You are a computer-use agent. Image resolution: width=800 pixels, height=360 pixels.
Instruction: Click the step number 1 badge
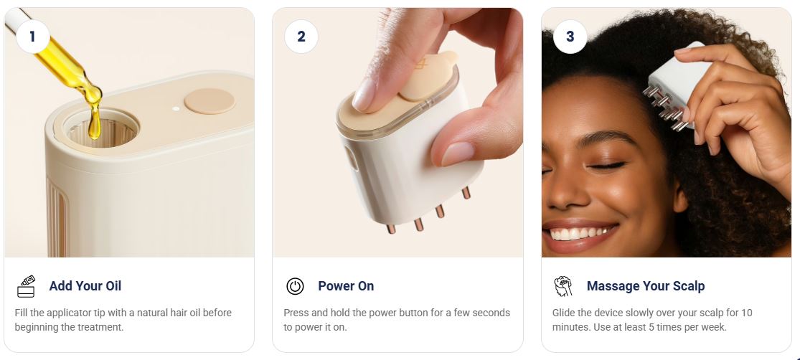click(33, 36)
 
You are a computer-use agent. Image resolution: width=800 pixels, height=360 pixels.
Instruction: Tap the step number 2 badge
click(301, 36)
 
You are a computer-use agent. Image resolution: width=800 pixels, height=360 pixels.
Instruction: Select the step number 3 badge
click(570, 36)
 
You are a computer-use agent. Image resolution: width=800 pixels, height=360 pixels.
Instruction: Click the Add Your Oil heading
click(85, 286)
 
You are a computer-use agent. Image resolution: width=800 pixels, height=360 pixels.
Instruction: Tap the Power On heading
click(346, 286)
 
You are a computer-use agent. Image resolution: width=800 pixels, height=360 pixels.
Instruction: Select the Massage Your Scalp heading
click(646, 286)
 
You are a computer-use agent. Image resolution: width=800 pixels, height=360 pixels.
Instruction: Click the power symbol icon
click(295, 286)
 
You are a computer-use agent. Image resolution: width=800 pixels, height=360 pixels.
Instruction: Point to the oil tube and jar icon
click(26, 286)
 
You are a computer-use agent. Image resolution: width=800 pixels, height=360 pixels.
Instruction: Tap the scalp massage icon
click(563, 286)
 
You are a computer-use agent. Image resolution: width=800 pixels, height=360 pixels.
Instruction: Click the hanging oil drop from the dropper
click(94, 125)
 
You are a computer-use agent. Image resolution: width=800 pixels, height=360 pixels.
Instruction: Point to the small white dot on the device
click(176, 108)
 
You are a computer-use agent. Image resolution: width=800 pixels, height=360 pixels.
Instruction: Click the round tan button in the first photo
click(210, 101)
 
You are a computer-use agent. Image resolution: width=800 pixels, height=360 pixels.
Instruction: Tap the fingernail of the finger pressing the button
click(364, 95)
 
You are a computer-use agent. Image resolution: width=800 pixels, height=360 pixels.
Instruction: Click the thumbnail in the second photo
click(457, 153)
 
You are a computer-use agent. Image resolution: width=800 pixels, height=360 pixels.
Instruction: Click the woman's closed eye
click(606, 166)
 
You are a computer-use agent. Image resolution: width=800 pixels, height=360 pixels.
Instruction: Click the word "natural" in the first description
click(154, 313)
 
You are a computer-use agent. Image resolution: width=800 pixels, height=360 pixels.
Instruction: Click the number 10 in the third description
click(746, 313)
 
